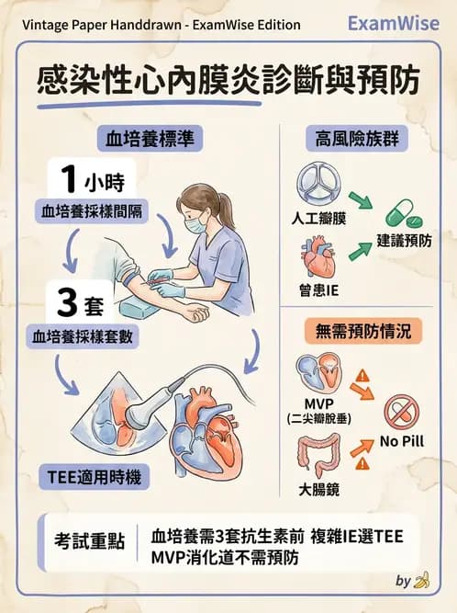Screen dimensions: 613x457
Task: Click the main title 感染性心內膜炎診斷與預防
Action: pos(228,81)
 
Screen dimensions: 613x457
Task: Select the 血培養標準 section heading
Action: pos(149,140)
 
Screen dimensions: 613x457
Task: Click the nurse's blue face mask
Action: pos(195,223)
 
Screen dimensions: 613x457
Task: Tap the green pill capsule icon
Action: pos(401,216)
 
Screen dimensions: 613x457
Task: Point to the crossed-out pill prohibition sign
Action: pos(401,413)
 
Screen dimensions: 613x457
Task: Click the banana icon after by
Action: pos(422,580)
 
